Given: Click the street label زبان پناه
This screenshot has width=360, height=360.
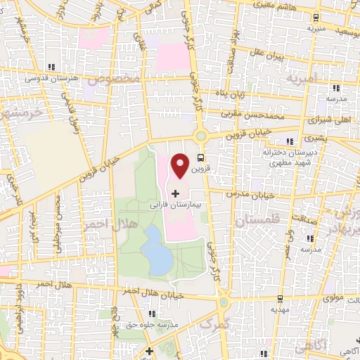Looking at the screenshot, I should tap(249, 94).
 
